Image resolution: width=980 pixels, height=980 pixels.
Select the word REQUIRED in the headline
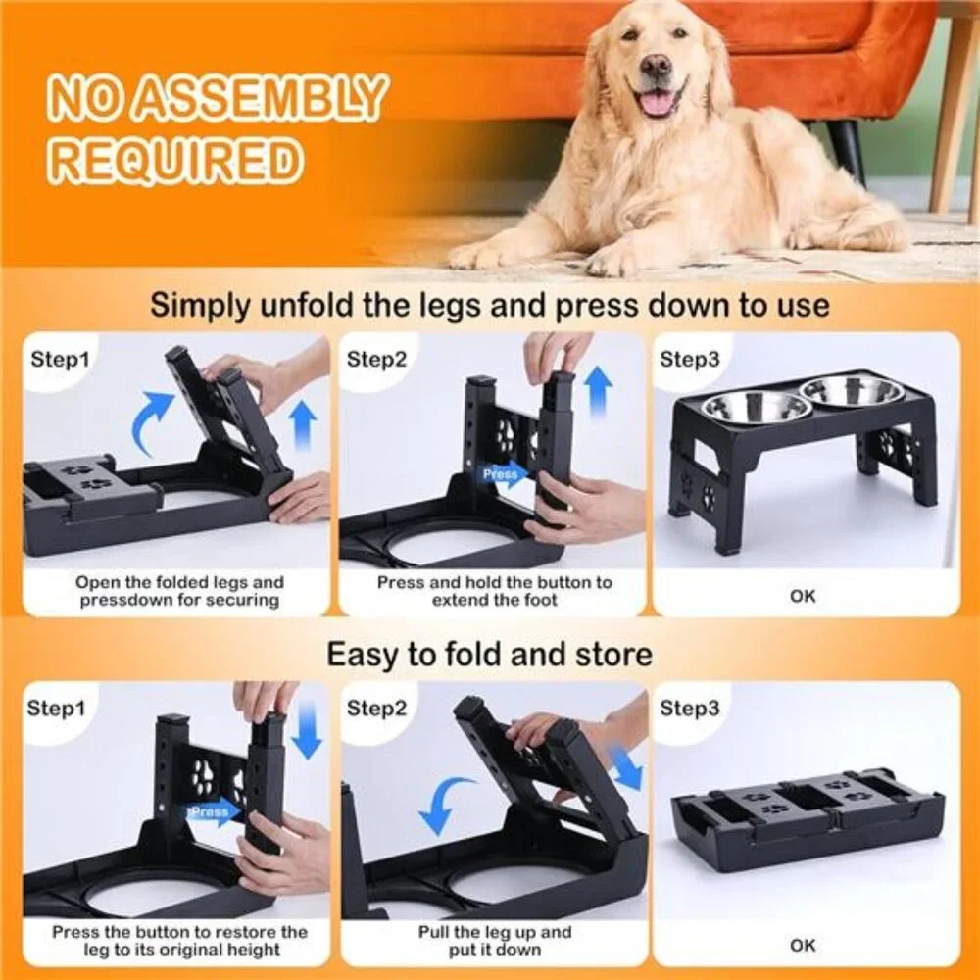176,160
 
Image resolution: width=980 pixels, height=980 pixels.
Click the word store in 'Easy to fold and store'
613,655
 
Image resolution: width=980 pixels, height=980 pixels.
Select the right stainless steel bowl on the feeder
852,389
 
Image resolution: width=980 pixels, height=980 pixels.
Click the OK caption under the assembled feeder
803,596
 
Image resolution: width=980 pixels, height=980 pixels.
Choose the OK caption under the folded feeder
803,946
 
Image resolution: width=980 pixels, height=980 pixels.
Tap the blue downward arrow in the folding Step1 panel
306,730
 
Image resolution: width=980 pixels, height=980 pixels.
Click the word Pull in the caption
433,932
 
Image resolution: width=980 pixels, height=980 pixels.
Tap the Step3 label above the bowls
689,360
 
